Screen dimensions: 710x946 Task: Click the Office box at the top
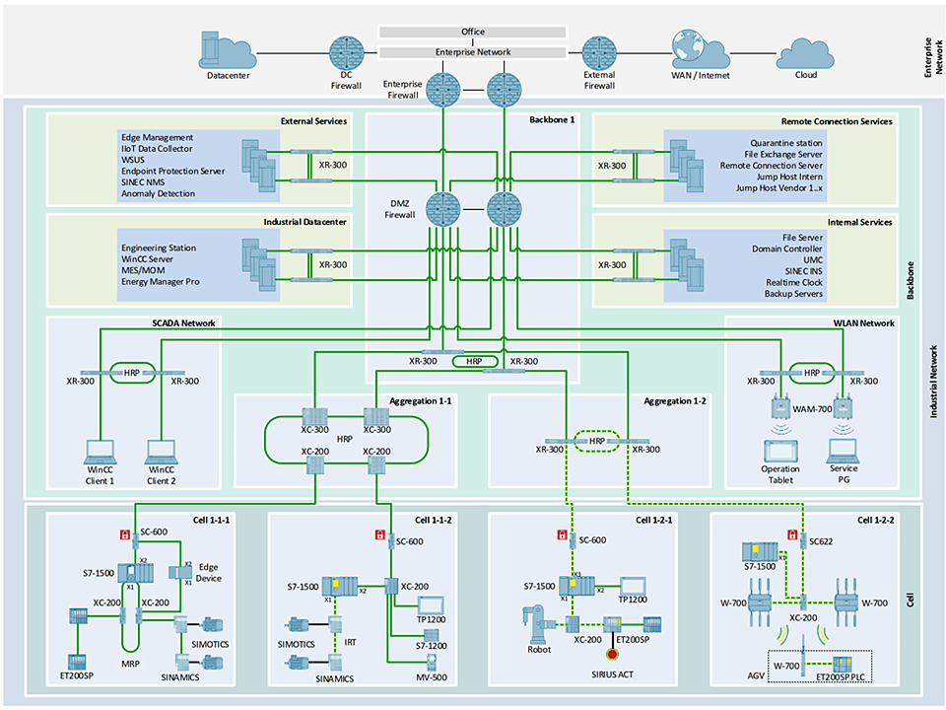[x=473, y=32]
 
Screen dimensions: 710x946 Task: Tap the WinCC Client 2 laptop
[x=160, y=451]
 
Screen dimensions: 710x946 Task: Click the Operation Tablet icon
[x=780, y=451]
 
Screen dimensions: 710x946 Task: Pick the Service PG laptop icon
[x=842, y=451]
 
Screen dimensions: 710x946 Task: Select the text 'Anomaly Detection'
[x=158, y=193]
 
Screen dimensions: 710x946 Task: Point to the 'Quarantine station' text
[x=786, y=143]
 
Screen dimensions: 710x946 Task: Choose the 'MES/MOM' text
[x=144, y=270]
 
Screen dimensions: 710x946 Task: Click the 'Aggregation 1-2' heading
[x=677, y=402]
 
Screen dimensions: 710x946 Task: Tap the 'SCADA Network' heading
[x=184, y=322]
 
